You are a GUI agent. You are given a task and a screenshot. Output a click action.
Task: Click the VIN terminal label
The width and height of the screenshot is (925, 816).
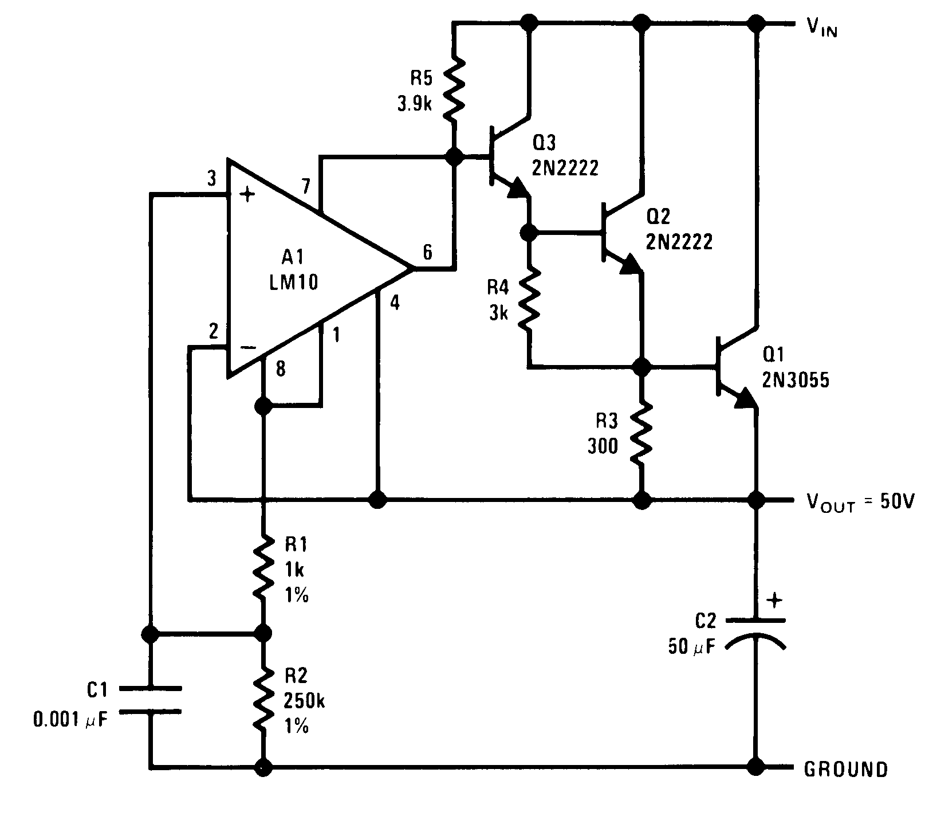pyautogui.click(x=822, y=27)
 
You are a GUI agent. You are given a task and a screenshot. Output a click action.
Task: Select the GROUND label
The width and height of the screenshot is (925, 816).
pyautogui.click(x=846, y=768)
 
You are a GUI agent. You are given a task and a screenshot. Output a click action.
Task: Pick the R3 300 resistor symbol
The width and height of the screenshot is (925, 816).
pyautogui.click(x=641, y=433)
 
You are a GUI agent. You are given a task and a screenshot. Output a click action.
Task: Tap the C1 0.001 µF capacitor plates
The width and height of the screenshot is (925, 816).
pyautogui.click(x=152, y=699)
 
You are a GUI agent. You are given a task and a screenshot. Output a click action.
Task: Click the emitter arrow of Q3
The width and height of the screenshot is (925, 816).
pyautogui.click(x=518, y=188)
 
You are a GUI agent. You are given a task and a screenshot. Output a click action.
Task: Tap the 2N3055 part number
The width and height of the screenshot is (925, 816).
pyautogui.click(x=796, y=380)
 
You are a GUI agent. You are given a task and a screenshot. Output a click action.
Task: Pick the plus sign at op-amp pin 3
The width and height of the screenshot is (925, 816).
pyautogui.click(x=247, y=195)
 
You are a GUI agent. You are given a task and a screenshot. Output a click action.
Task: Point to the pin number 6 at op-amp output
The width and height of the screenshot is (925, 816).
pyautogui.click(x=428, y=252)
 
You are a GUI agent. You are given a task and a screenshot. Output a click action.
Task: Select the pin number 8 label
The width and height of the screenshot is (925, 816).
pyautogui.click(x=280, y=370)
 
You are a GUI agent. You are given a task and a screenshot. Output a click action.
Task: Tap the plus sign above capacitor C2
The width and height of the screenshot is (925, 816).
pyautogui.click(x=774, y=601)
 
